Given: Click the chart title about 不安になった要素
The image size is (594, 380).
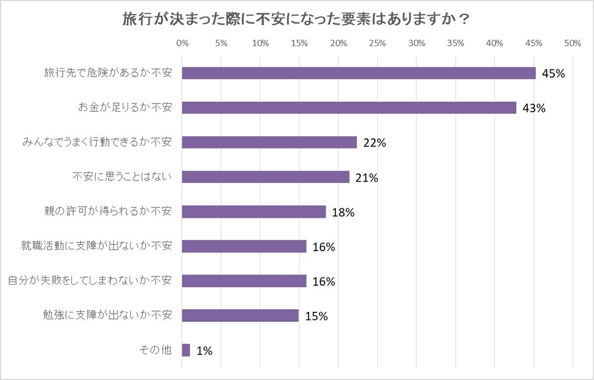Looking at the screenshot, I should point(296,19).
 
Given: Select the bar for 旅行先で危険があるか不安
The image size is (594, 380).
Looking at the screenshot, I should point(358,73).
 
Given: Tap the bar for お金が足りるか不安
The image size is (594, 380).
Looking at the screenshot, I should point(349,108).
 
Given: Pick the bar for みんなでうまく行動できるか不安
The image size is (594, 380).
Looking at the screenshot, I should point(269,143).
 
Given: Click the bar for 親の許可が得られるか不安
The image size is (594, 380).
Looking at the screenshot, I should point(254,212).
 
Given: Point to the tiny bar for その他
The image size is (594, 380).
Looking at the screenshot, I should point(186,350).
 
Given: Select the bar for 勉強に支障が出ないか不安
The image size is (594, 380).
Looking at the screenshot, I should point(240,316).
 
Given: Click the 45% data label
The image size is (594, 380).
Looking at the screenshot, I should point(553,74).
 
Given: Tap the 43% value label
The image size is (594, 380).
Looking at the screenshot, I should point(533,109).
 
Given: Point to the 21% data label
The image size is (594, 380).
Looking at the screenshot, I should point(367,178).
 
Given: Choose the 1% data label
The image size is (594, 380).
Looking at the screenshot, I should point(204,351).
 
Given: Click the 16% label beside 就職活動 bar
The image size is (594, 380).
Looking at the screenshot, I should point(323,247).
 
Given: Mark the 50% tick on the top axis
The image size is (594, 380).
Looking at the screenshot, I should point(573,44).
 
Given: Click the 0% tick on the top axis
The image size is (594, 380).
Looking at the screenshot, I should point(183,44).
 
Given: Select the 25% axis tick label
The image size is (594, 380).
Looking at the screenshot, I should point(377,44).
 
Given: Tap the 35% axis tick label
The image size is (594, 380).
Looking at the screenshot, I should point(456,44).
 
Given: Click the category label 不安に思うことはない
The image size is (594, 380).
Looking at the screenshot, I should point(122,177).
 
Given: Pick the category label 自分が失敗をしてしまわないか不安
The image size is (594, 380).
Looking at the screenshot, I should point(89,280).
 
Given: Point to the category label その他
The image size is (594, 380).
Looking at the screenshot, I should point(154,350).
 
